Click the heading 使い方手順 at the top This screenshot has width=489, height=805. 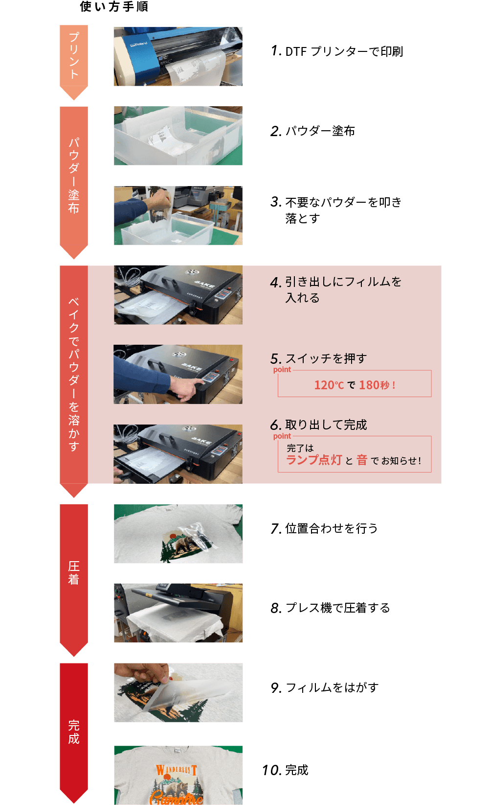click(x=114, y=6)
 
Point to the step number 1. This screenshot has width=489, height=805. click(x=276, y=51)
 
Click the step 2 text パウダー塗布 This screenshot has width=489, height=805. click(x=320, y=131)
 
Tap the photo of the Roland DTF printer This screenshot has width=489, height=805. click(x=178, y=56)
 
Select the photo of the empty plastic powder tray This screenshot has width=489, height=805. click(x=178, y=136)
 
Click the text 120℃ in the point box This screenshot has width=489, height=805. click(x=329, y=385)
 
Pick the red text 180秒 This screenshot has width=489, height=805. click(x=375, y=385)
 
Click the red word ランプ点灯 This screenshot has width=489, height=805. click(x=314, y=460)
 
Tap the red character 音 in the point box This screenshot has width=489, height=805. click(x=362, y=460)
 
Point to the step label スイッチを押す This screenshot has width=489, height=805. click(x=326, y=358)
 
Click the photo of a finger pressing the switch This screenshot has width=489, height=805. click(x=178, y=375)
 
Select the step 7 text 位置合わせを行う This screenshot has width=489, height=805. click(x=331, y=528)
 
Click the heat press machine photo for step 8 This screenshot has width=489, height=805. click(x=178, y=613)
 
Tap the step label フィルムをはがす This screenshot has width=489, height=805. click(x=332, y=687)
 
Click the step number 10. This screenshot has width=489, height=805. click(x=271, y=770)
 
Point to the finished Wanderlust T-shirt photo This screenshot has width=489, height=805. click(x=178, y=775)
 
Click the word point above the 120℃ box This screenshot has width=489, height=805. click(x=282, y=370)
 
